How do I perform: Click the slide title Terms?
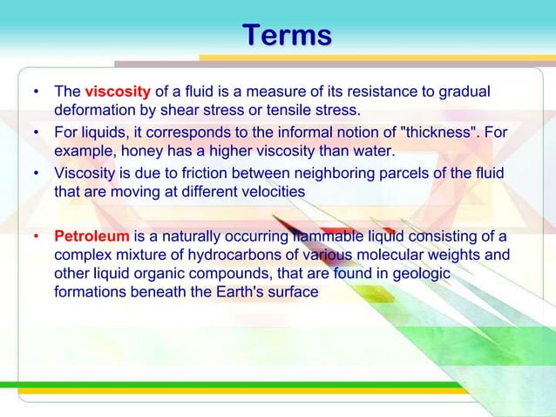(287, 36)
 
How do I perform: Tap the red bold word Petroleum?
(91, 236)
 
